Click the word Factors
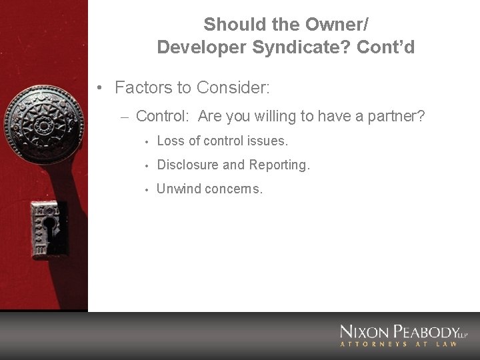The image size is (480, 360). pos(141,87)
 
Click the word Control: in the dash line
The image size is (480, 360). pos(164,116)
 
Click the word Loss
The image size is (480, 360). pos(170,141)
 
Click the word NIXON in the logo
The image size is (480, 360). pos(365,332)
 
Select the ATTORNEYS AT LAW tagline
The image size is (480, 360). pos(399,344)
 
